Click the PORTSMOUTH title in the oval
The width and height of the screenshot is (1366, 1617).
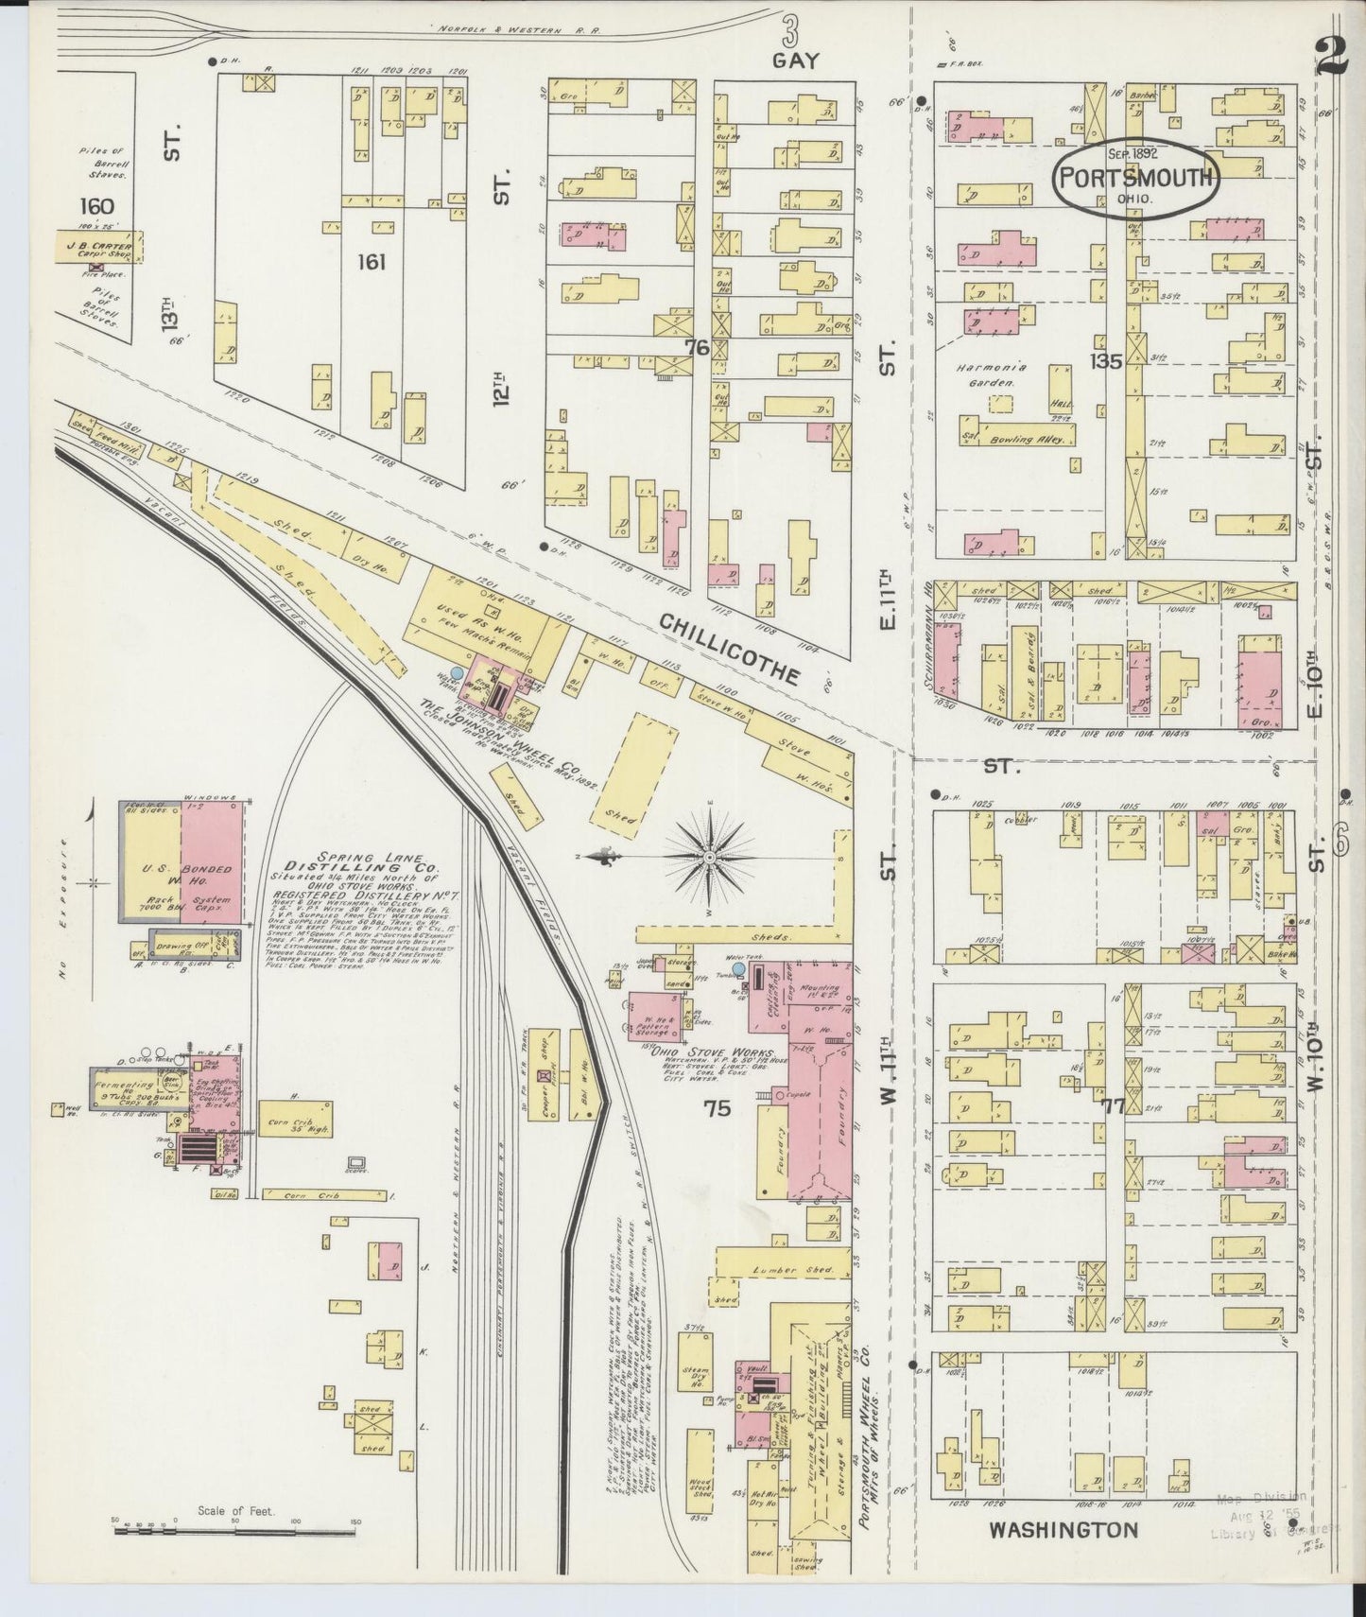click(1135, 178)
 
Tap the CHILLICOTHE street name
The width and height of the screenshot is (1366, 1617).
click(729, 648)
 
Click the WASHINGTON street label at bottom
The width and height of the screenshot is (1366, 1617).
click(1063, 1529)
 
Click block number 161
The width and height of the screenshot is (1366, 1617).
click(372, 261)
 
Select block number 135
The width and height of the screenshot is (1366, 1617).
click(1104, 360)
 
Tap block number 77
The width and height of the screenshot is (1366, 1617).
click(1114, 1105)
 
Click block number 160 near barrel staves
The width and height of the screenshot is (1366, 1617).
click(97, 206)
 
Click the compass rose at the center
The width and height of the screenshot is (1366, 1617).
click(711, 857)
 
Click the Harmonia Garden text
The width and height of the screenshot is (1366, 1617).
click(997, 375)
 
